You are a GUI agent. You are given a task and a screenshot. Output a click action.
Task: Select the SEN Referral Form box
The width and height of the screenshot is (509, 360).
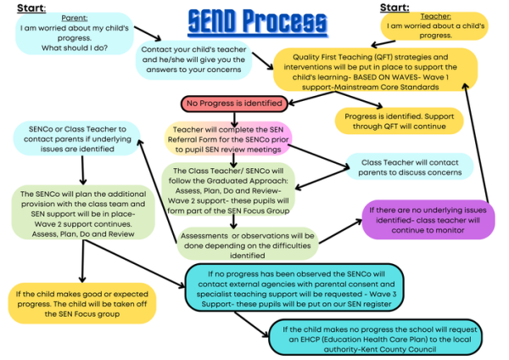tap(227, 138)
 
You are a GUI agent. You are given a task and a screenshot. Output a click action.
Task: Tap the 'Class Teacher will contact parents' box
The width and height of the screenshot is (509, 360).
tap(407, 166)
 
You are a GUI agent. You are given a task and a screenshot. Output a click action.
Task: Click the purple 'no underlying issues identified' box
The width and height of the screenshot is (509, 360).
tap(427, 219)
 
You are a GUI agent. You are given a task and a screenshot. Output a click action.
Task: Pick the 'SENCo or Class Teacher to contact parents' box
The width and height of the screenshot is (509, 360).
tap(76, 138)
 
